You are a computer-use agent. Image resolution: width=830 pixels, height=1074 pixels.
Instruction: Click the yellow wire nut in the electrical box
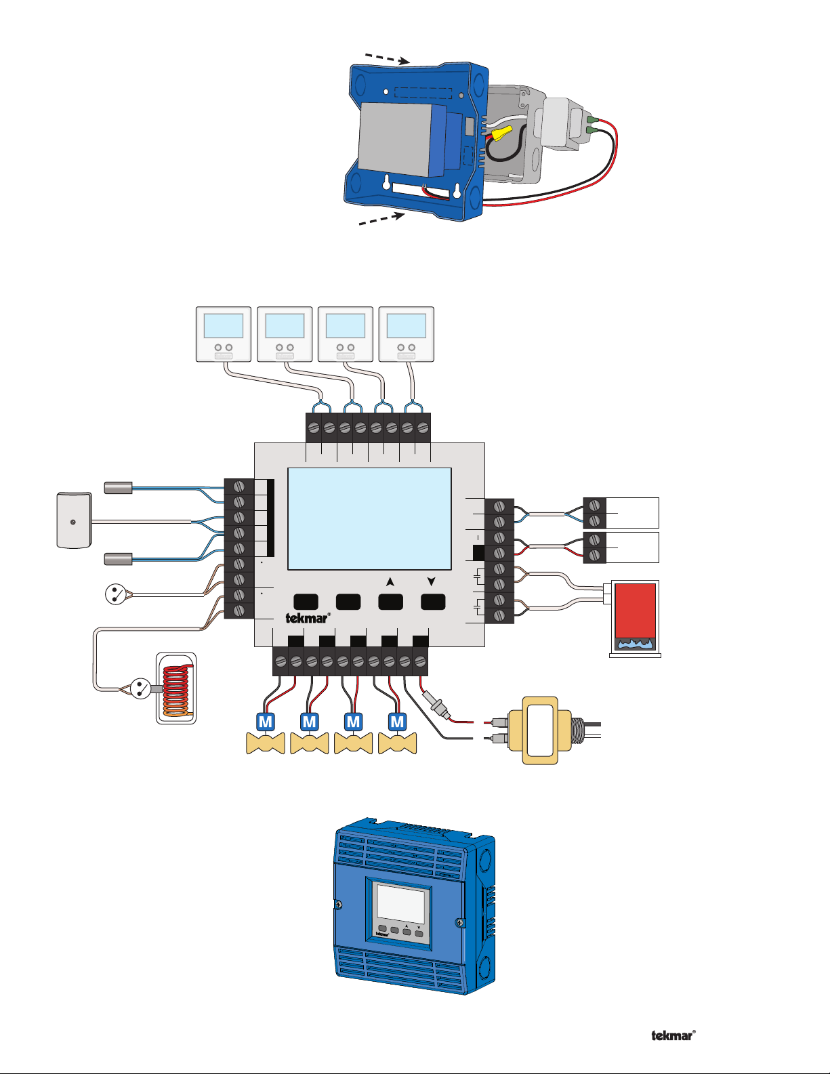point(501,132)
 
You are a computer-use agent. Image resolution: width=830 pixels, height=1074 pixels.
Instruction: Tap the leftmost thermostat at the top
point(224,334)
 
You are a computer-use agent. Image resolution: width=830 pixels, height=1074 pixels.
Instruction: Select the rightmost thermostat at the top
point(406,334)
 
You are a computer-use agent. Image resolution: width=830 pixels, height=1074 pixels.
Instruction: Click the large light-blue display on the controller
point(369,519)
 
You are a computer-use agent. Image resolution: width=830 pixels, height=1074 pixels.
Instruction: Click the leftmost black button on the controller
point(306,602)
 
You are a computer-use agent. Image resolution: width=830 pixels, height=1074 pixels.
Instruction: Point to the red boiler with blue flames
point(636,619)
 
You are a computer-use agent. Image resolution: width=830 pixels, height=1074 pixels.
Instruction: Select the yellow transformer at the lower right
point(540,730)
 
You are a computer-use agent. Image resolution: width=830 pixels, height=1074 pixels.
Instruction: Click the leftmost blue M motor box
point(266,722)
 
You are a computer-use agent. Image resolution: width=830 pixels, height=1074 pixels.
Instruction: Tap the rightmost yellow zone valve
point(397,743)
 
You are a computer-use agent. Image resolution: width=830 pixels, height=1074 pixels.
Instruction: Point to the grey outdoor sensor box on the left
point(74,520)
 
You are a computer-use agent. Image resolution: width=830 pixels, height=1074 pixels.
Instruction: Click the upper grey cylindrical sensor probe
point(118,488)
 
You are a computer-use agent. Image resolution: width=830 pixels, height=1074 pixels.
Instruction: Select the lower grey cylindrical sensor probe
point(118,559)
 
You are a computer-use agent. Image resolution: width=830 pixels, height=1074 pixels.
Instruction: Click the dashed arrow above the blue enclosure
point(388,58)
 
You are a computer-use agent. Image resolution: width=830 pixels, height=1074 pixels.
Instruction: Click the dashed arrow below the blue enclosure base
point(382,218)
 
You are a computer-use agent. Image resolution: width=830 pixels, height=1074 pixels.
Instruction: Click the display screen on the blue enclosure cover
point(400,903)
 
